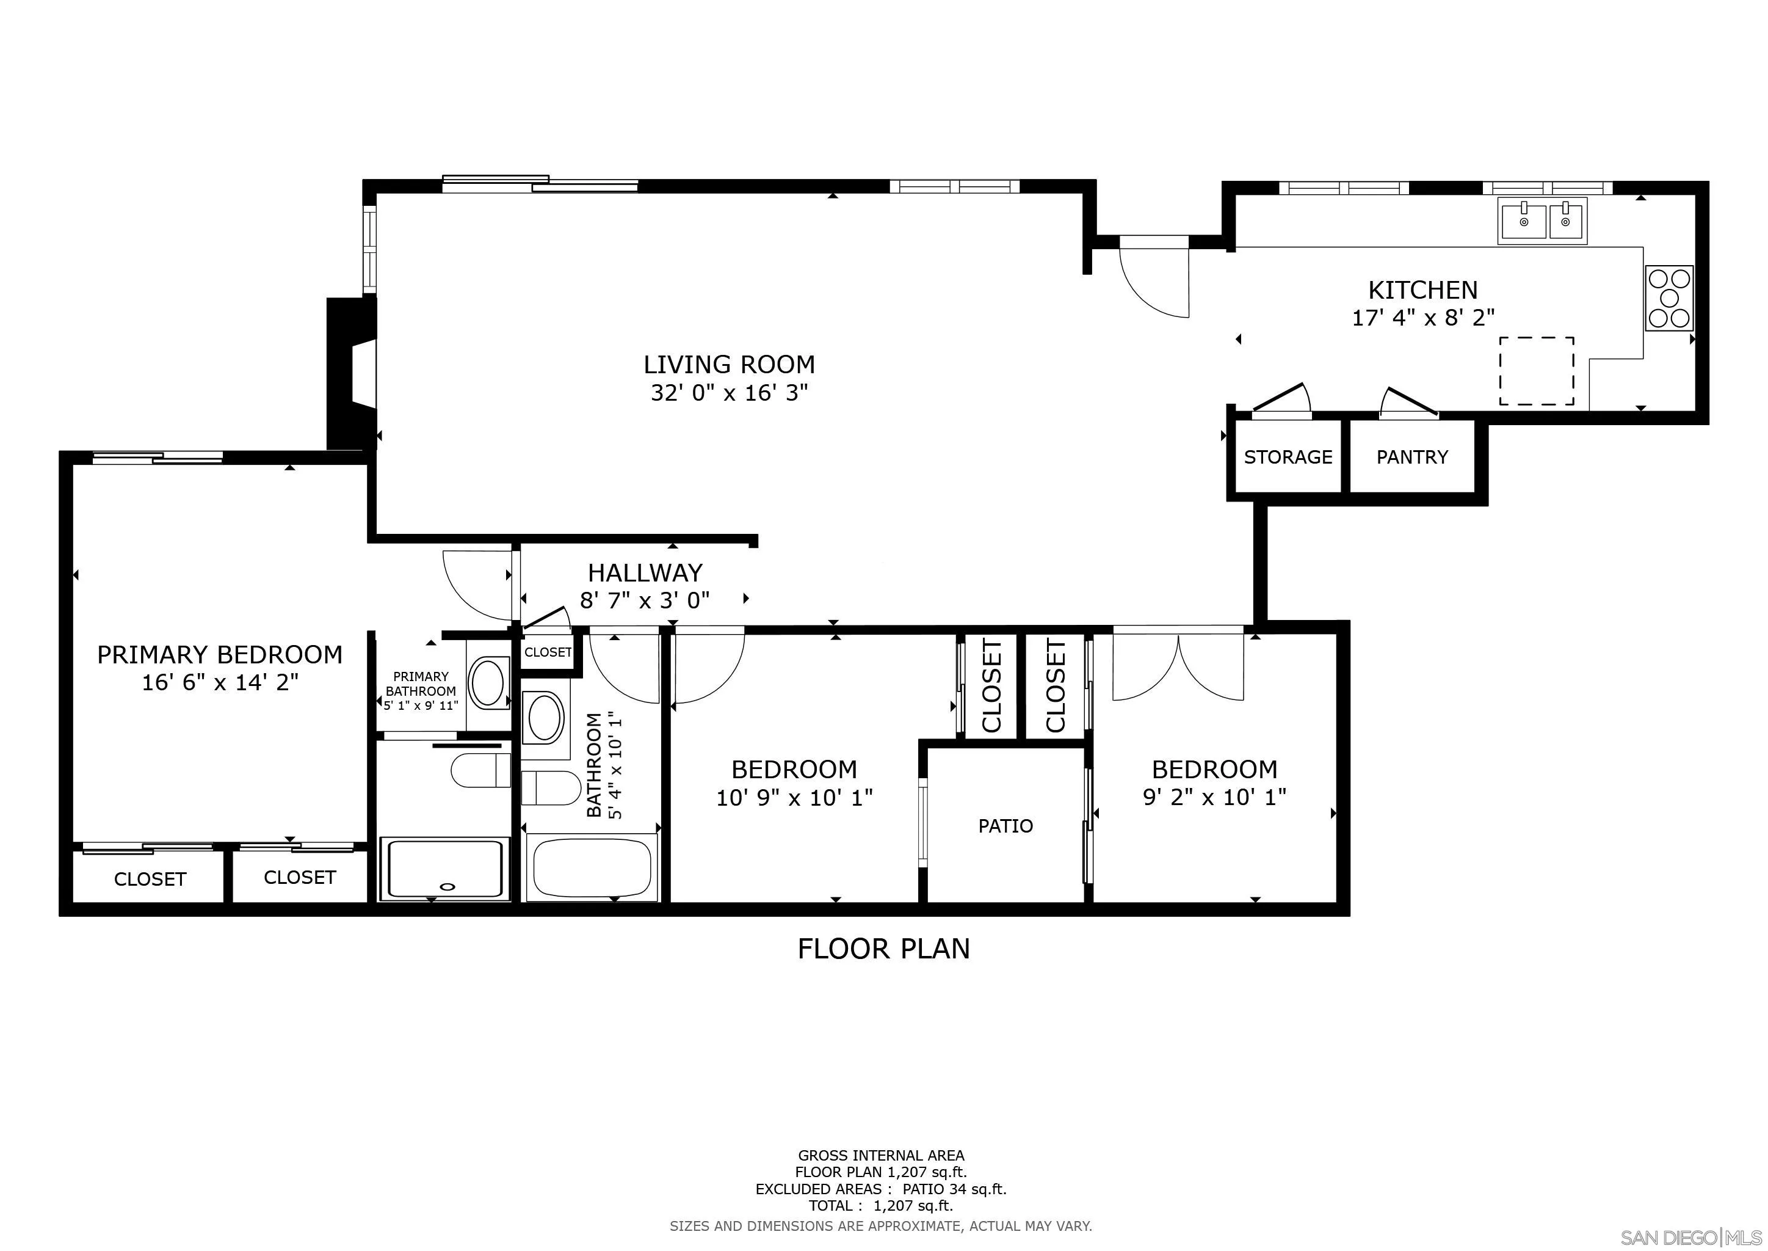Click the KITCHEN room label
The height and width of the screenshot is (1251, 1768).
pos(1422,290)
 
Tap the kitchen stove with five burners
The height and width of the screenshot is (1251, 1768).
pos(1668,298)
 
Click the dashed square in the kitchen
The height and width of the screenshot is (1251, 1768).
pos(1535,371)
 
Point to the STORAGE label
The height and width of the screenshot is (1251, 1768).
pos(1288,457)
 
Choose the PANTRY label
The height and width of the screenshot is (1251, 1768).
pos(1411,457)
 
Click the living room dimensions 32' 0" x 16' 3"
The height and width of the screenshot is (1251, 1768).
pos(728,393)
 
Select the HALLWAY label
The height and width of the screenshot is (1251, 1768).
pos(645,572)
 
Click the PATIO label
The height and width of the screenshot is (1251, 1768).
pos(1005,826)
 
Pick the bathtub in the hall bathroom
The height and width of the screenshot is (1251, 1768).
pos(592,868)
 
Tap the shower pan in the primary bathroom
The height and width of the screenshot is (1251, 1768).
pos(445,869)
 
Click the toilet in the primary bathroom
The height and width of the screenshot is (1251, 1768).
pos(480,770)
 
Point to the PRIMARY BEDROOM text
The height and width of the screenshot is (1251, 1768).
pos(219,654)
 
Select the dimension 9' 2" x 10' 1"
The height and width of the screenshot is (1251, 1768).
pos(1214,797)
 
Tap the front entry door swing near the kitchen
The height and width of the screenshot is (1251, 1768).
pos(1154,277)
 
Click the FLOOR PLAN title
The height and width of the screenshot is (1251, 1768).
pos(883,948)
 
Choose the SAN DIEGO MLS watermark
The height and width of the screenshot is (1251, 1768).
pos(1691,1237)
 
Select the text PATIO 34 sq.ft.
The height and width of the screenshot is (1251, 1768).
pos(954,1210)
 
